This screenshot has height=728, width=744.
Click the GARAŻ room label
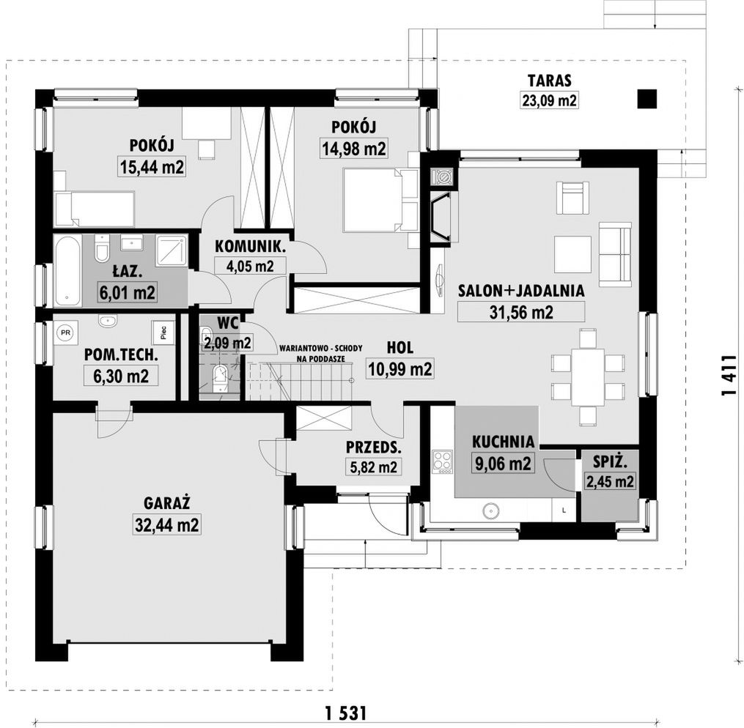(166, 502)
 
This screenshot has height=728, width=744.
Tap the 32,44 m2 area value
(167, 524)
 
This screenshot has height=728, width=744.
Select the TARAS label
(550, 81)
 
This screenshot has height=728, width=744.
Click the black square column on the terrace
(647, 99)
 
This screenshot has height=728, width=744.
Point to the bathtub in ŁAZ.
(67, 271)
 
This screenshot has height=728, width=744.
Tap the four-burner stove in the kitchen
(442, 462)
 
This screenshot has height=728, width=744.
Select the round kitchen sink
(491, 511)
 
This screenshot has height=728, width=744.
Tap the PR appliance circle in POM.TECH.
(65, 333)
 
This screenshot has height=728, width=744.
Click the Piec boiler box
(163, 333)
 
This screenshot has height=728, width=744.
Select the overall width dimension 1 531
(347, 713)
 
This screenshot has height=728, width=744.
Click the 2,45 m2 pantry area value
(610, 481)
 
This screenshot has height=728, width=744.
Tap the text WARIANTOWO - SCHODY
(321, 349)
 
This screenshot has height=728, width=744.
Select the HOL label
(400, 347)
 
